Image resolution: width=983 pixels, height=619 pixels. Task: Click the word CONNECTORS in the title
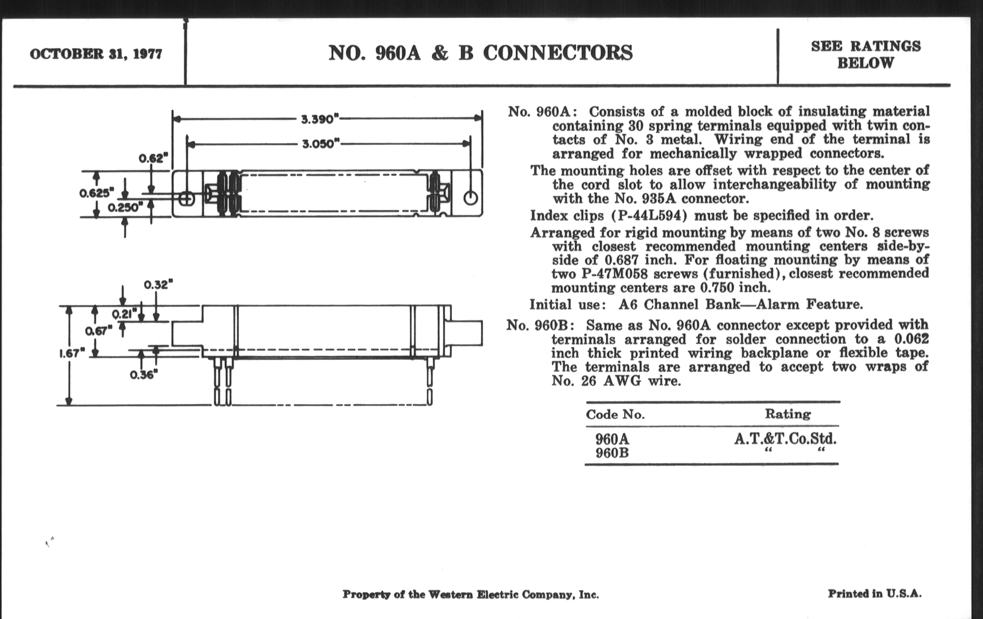click(x=558, y=53)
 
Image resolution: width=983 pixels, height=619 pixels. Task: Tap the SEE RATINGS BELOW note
click(x=865, y=54)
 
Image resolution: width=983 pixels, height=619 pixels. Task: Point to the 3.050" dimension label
click(x=321, y=144)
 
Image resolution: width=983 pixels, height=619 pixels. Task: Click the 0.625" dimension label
click(x=96, y=193)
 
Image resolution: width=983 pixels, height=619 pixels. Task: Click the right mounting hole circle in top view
click(x=470, y=198)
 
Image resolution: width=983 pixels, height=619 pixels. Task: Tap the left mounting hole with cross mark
click(x=187, y=199)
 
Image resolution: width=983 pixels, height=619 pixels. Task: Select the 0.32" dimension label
click(x=158, y=284)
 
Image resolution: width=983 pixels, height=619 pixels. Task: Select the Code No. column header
click(x=615, y=415)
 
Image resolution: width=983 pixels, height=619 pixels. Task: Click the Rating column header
click(x=787, y=414)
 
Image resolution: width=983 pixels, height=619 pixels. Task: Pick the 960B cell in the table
click(x=612, y=453)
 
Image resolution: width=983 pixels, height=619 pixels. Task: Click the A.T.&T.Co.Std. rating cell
click(x=785, y=439)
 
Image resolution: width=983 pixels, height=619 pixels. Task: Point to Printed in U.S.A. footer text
click(x=874, y=594)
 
